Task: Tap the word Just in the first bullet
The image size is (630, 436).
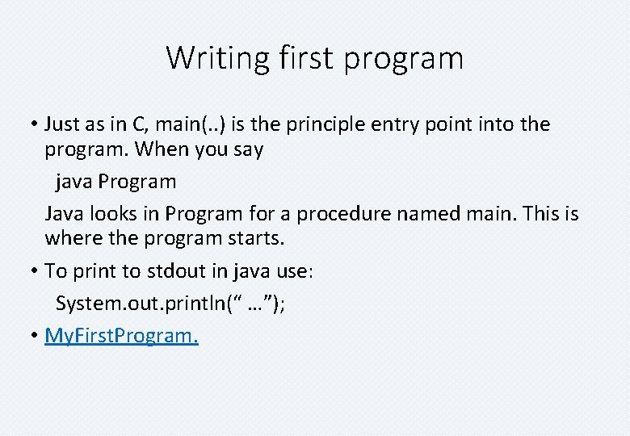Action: [x=61, y=124]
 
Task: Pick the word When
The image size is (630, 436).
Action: [x=160, y=150]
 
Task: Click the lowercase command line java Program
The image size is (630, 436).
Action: [x=115, y=182]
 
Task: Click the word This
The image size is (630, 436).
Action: [x=541, y=214]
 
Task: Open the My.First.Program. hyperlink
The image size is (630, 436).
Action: [x=121, y=336]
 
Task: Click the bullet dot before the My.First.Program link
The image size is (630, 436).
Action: [x=36, y=336]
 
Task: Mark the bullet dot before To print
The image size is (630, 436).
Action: [x=36, y=271]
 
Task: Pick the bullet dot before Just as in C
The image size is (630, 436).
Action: [x=36, y=124]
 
